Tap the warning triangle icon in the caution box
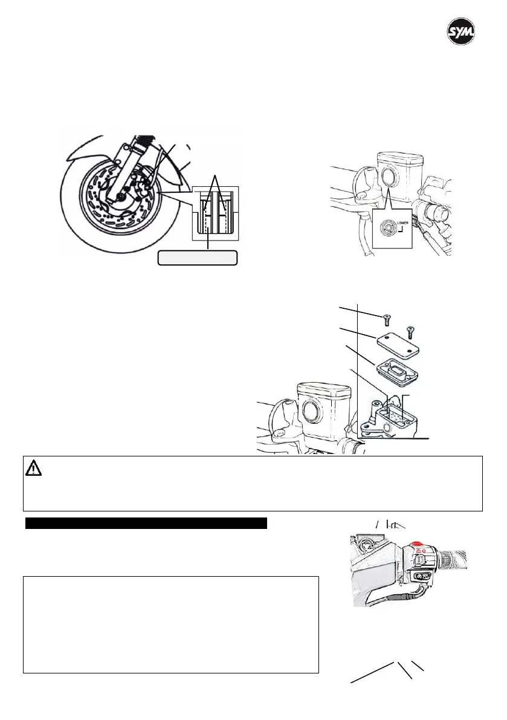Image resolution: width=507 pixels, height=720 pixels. pos(33,468)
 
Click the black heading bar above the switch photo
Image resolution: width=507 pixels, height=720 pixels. pos(146,523)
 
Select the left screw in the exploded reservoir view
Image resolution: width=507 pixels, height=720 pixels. pos(385,319)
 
